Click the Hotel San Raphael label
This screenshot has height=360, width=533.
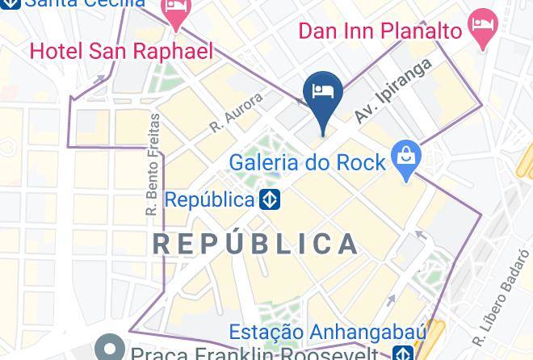tap(121, 52)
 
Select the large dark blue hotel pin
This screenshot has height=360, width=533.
tap(323, 94)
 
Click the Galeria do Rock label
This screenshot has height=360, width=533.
tap(307, 162)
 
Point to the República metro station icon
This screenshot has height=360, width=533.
tap(270, 199)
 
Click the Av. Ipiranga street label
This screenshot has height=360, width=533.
tap(393, 91)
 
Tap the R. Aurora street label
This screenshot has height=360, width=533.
tap(237, 112)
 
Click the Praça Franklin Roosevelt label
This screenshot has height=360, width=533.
tap(254, 354)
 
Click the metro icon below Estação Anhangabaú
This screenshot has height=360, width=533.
tap(402, 354)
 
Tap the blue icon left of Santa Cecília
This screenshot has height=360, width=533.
tap(8, 3)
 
